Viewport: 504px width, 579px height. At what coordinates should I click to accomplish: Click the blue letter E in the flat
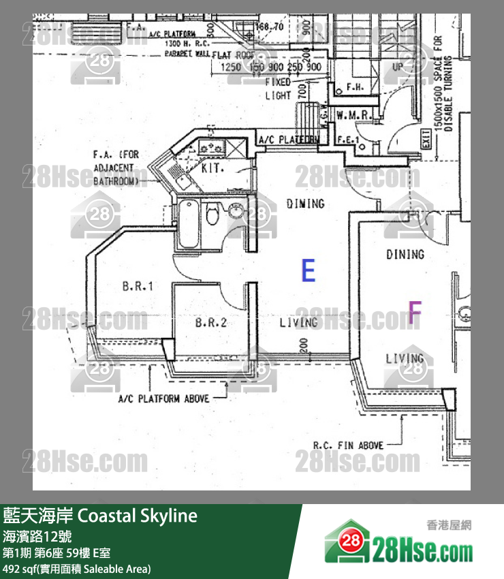click(x=309, y=270)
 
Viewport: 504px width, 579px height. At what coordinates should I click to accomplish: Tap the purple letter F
click(x=414, y=311)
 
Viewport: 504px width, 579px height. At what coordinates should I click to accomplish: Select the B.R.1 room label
click(x=138, y=287)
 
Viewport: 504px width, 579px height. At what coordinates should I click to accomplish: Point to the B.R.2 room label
click(x=210, y=322)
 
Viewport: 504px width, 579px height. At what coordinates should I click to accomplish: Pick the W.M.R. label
click(x=353, y=116)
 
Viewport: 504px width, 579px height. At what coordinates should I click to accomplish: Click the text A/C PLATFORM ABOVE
click(x=163, y=398)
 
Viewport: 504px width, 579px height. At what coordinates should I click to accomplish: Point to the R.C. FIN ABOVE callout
click(x=347, y=445)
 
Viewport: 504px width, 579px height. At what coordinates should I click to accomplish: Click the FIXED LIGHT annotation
click(x=278, y=89)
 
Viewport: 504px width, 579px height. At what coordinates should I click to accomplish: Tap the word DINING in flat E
click(x=304, y=203)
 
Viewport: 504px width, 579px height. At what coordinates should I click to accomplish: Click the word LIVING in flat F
click(x=405, y=358)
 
